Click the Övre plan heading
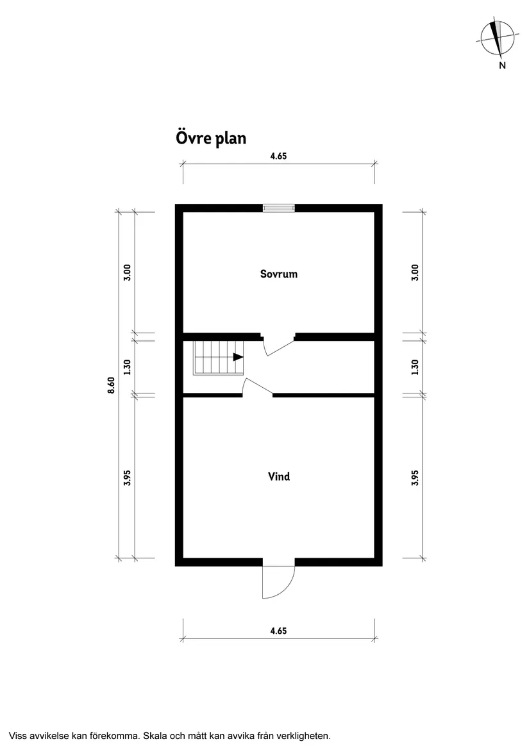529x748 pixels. pyautogui.click(x=211, y=138)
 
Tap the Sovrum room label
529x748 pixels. pyautogui.click(x=278, y=274)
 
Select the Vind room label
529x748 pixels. pyautogui.click(x=278, y=476)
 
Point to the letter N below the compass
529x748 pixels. pyautogui.click(x=502, y=65)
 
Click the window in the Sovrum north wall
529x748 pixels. pyautogui.click(x=278, y=208)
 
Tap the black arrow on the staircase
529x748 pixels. pyautogui.click(x=238, y=357)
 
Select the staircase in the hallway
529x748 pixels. pyautogui.click(x=218, y=358)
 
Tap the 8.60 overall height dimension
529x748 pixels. pyautogui.click(x=111, y=385)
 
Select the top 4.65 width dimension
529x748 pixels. pyautogui.click(x=278, y=156)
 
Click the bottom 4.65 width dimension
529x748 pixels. pyautogui.click(x=278, y=631)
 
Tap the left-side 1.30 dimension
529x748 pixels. pyautogui.click(x=128, y=367)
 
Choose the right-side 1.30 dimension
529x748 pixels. pyautogui.click(x=415, y=367)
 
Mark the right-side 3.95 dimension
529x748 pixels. pyautogui.click(x=415, y=478)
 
